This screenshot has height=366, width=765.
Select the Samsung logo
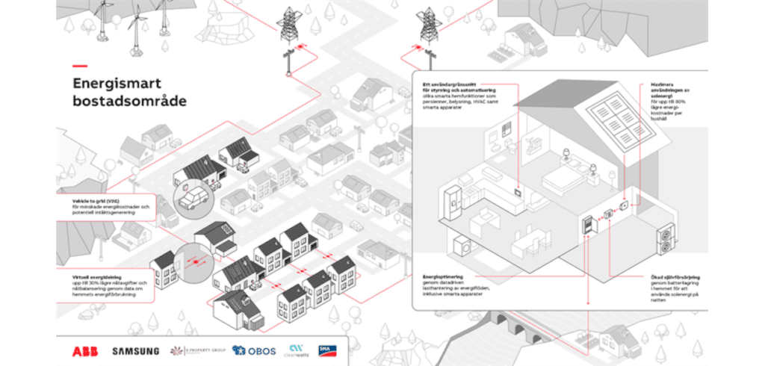[x=135, y=350]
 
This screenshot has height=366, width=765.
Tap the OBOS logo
[x=253, y=350]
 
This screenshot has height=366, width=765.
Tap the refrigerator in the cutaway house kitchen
[x=452, y=202]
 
